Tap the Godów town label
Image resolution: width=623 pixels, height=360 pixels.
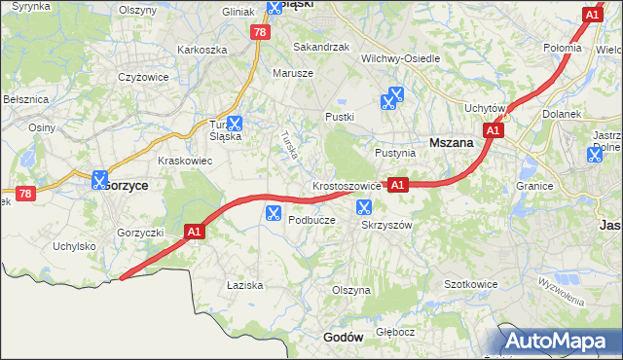point(342,337)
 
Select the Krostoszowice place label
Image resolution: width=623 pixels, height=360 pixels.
point(347,185)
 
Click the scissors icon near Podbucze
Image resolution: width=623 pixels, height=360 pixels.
point(273,212)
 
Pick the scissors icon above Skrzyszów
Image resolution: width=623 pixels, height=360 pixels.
point(364,206)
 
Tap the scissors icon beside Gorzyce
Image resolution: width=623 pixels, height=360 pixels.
point(99,180)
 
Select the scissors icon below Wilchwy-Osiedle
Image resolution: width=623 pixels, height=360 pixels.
point(392,96)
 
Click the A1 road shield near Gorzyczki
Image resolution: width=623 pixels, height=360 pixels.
point(195,232)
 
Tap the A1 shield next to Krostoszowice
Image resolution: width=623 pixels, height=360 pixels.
point(397,184)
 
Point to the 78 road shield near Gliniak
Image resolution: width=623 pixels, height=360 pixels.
point(258,32)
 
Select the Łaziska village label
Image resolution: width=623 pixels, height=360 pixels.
point(244,285)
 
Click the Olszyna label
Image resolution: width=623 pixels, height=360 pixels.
point(351,290)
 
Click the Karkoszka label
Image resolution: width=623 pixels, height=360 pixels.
point(202,50)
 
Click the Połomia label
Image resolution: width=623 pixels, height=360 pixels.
point(563,47)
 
